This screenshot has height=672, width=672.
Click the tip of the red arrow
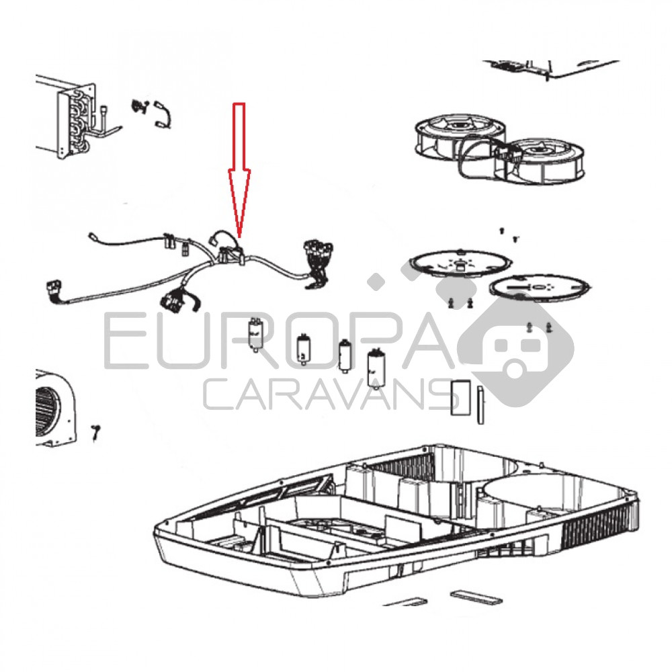coord(239,237)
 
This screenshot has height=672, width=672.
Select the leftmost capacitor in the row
coord(256,335)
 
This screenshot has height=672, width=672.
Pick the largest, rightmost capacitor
coord(376,368)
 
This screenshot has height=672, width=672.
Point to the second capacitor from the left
coord(304,349)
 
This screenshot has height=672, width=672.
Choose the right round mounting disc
coord(539,286)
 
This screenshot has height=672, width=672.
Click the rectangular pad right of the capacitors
coord(461,397)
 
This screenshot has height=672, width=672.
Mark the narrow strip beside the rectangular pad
coord(480,405)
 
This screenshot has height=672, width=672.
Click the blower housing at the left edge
coord(55,408)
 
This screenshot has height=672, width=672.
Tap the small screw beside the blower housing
coord(95,432)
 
